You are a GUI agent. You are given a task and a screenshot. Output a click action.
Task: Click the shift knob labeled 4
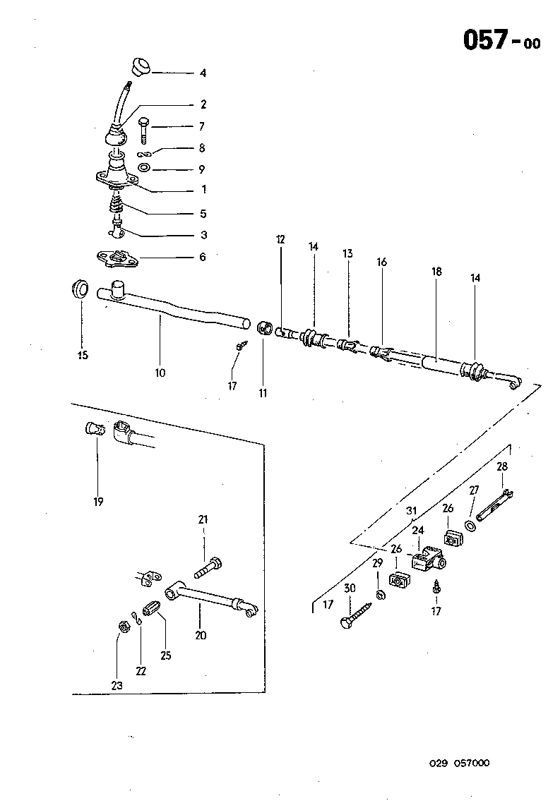[x=140, y=66]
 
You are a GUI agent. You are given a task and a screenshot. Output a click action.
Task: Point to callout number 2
[x=203, y=104]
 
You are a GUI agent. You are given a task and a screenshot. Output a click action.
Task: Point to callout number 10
[x=160, y=372]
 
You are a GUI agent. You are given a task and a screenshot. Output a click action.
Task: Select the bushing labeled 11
[x=266, y=329]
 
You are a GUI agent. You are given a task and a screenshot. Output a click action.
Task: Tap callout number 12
[x=280, y=240]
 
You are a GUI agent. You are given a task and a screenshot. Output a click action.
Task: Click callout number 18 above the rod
[x=436, y=272]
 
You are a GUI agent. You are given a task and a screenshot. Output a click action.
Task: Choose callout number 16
[x=381, y=262]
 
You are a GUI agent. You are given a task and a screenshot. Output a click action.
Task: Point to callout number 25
[x=166, y=656]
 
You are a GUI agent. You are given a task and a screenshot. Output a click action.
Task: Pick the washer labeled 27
[x=470, y=526]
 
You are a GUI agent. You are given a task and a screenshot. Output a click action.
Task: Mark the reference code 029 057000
[x=459, y=763]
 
